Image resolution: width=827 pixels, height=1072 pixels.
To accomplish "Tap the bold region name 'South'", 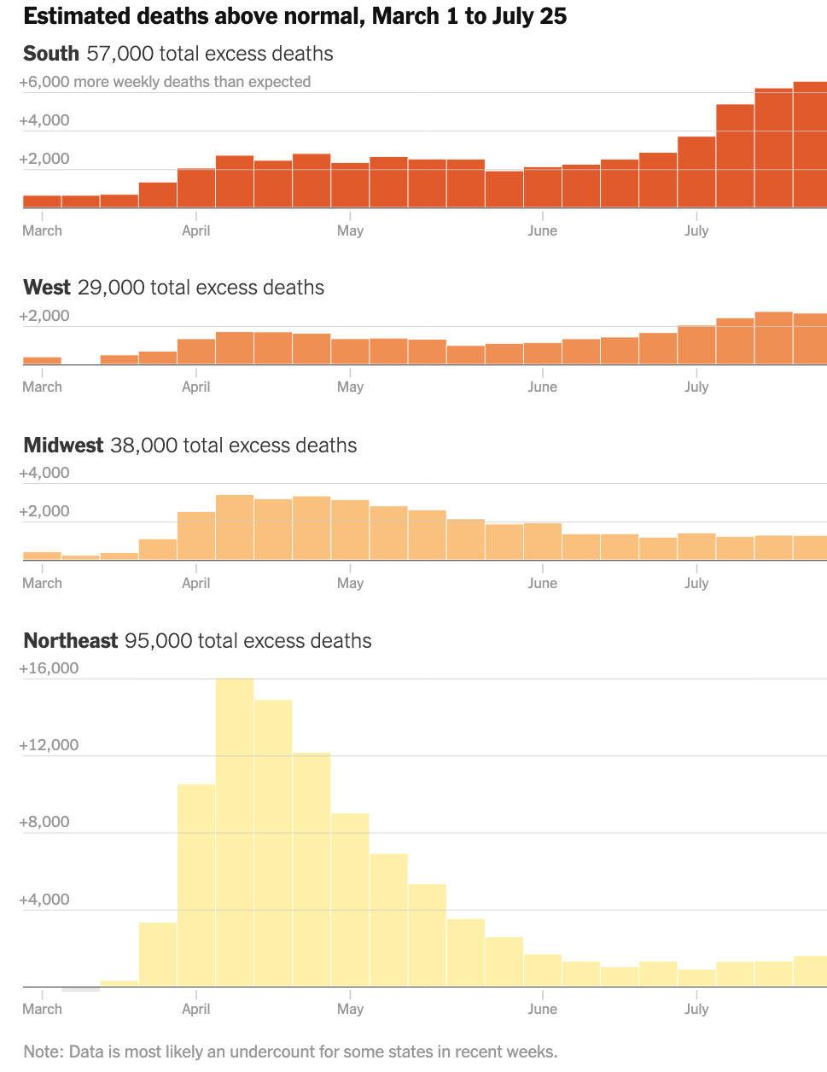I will [x=51, y=54].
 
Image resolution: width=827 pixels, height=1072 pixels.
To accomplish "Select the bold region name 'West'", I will [x=47, y=288].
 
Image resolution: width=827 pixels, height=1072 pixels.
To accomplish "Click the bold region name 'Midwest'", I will [x=63, y=446].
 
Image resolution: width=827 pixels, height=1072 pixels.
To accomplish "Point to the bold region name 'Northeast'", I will [x=71, y=641].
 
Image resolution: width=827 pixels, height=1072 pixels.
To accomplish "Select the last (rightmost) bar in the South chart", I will [x=810, y=145].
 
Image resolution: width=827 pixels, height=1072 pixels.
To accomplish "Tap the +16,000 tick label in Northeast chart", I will [x=49, y=668].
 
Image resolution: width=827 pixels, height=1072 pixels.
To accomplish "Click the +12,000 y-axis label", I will [x=49, y=745].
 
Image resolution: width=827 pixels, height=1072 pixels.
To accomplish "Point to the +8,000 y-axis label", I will [x=44, y=822].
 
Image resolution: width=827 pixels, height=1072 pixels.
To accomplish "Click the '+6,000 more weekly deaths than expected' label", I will [x=165, y=82].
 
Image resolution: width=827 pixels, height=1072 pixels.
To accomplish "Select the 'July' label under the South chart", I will [x=696, y=230].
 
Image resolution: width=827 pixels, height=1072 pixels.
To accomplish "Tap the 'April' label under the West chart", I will [x=195, y=387].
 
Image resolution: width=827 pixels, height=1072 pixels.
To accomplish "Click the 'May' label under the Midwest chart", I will [x=350, y=583].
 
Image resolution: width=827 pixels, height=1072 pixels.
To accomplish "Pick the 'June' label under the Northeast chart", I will [x=542, y=1009].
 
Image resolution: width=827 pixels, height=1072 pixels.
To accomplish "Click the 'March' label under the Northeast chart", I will [x=42, y=1009].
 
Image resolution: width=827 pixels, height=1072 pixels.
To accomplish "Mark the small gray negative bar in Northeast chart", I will [x=81, y=989].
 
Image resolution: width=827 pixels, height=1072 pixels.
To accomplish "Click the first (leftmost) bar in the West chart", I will [x=42, y=361].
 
